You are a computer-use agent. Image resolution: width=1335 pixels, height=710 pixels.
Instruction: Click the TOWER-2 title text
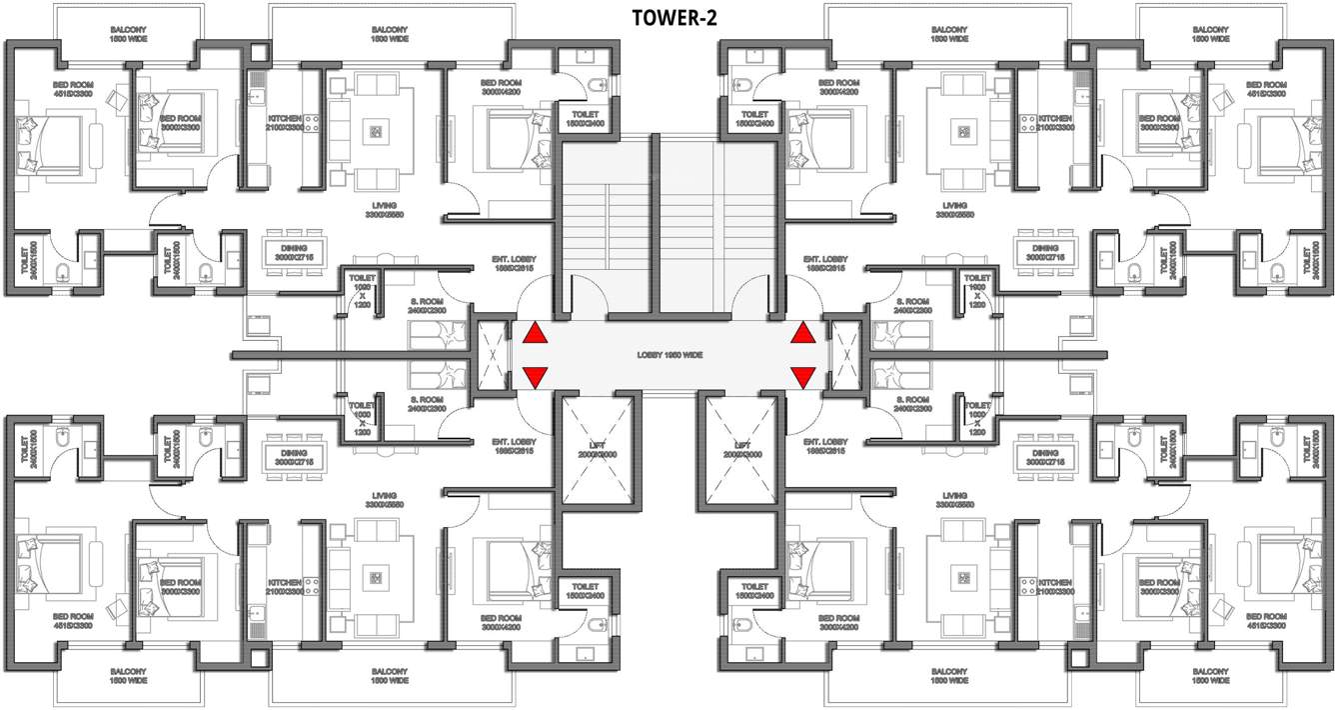pos(673,17)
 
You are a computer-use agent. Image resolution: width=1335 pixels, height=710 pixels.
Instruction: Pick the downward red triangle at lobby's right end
pos(802,377)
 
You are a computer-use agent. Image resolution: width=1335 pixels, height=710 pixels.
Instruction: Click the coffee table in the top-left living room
pos(376,131)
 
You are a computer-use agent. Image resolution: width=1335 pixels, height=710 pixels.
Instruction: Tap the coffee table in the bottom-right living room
pos(964,577)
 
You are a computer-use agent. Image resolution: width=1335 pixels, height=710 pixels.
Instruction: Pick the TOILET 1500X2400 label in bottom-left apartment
pos(585,591)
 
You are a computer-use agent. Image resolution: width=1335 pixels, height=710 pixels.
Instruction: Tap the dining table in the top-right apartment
pos(1045,252)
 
